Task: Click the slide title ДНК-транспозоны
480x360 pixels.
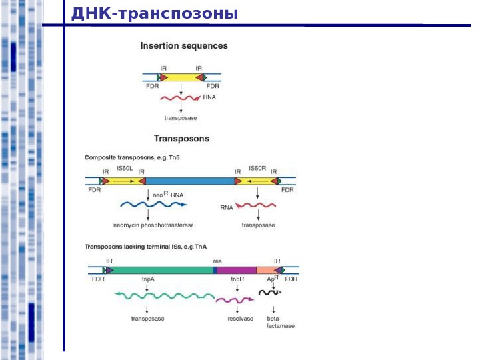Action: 154,13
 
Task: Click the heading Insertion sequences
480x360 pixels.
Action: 183,46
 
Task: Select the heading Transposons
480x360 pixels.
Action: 181,139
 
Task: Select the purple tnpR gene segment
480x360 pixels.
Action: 237,270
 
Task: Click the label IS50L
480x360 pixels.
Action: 125,169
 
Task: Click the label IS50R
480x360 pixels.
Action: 257,169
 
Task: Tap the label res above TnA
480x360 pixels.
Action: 217,261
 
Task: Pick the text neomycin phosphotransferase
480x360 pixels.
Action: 153,225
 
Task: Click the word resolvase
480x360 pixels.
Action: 240,319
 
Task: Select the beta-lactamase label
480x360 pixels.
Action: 280,322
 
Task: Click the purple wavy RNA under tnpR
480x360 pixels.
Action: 234,301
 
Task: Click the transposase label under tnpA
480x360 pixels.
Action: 147,319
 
